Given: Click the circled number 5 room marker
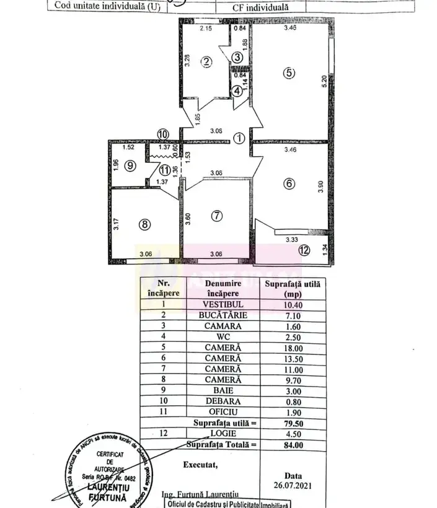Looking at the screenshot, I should [x=289, y=72].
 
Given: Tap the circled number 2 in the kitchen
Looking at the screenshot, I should [x=207, y=61].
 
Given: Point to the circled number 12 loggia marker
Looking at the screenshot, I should [x=303, y=251].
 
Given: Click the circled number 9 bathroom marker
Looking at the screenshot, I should [x=129, y=165].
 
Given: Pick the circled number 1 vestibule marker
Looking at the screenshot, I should [x=238, y=139].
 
